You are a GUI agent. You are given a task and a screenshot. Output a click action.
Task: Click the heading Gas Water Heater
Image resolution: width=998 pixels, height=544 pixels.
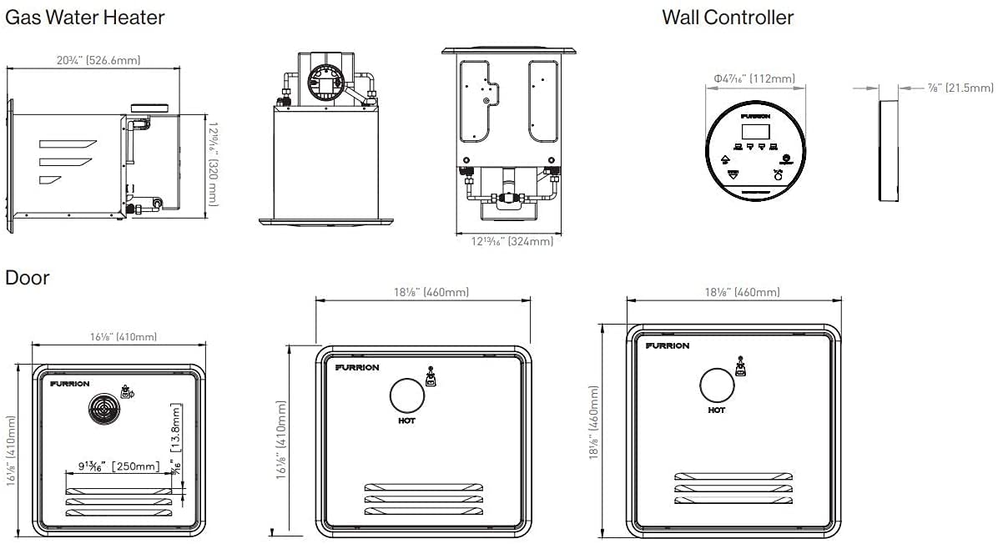pyautogui.click(x=85, y=17)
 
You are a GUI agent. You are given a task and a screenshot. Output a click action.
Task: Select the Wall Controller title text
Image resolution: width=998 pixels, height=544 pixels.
pyautogui.click(x=728, y=17)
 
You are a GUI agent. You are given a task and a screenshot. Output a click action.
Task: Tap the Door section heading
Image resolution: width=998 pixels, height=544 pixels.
pyautogui.click(x=28, y=277)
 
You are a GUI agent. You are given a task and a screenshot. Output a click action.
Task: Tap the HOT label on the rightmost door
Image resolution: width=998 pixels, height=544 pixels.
pyautogui.click(x=716, y=410)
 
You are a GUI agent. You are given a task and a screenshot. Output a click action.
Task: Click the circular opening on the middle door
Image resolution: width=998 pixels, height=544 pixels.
pyautogui.click(x=407, y=395)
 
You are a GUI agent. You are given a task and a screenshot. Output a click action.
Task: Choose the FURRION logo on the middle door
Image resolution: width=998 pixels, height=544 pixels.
pyautogui.click(x=357, y=367)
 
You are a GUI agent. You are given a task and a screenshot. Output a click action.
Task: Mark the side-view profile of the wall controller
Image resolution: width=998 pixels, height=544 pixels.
pyautogui.click(x=889, y=150)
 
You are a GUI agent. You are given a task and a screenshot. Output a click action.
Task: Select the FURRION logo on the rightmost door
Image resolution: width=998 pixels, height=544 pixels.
pyautogui.click(x=668, y=345)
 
